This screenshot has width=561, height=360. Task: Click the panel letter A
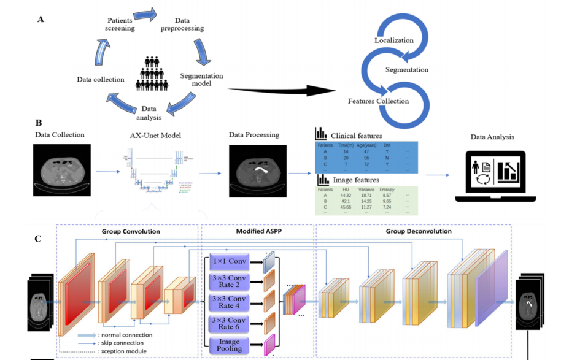coord(41,19)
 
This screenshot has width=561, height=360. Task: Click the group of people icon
coord(151,72)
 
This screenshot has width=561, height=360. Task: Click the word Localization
coord(393,40)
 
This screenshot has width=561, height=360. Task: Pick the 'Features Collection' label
coord(378,101)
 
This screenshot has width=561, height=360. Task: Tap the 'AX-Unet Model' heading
coord(153,134)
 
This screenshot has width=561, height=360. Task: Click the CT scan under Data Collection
coord(61,170)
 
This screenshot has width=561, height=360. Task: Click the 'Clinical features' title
coord(356,135)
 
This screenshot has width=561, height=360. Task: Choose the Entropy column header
coord(387,190)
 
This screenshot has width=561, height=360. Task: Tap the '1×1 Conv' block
coord(229,262)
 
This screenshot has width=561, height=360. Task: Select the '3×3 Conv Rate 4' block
coord(229,302)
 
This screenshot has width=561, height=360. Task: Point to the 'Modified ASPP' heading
coord(256,231)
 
